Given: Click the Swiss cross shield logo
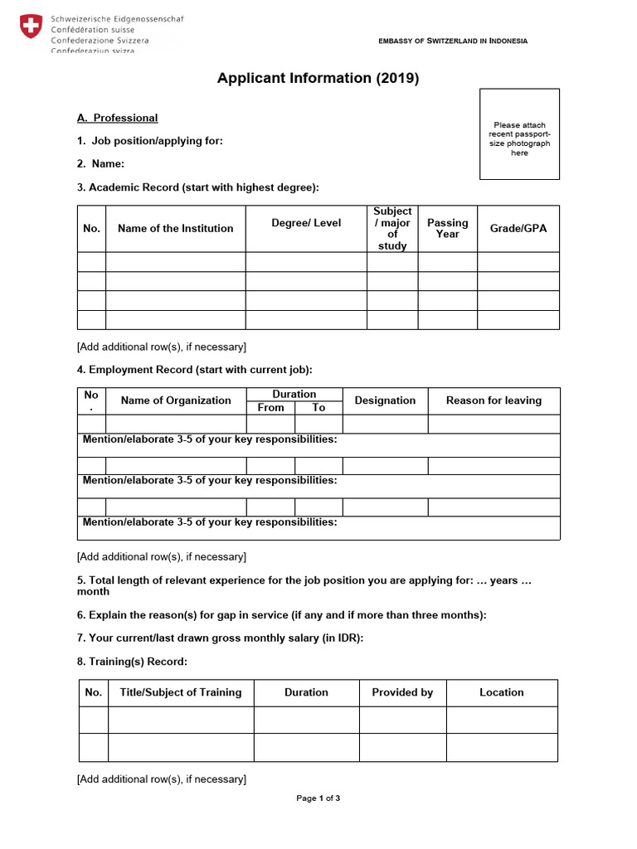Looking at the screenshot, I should [x=30, y=27].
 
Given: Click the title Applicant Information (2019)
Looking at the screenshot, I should [x=318, y=79].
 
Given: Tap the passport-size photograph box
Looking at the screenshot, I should [x=519, y=134].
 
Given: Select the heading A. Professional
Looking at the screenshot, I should [x=117, y=118].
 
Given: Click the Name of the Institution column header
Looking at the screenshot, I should [x=175, y=228].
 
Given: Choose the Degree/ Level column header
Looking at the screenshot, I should [x=306, y=223].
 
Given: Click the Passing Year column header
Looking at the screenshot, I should [x=447, y=228].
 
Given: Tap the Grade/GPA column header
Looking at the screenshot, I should [x=518, y=228].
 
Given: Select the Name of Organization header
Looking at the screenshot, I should [x=176, y=400].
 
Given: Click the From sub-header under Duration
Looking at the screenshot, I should [x=270, y=407].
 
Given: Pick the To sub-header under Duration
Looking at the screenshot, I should [x=318, y=407].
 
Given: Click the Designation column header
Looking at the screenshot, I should [x=385, y=400].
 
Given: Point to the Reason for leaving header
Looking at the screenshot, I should [x=494, y=400].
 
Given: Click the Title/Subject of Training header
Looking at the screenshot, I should [x=180, y=692].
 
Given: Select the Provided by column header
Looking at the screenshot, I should [x=402, y=692].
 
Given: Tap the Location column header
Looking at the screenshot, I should [x=502, y=692].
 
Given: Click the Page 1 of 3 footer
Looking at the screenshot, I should [x=318, y=798].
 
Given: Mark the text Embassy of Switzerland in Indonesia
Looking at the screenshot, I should [x=453, y=41].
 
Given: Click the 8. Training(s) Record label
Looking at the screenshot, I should [x=132, y=662].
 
